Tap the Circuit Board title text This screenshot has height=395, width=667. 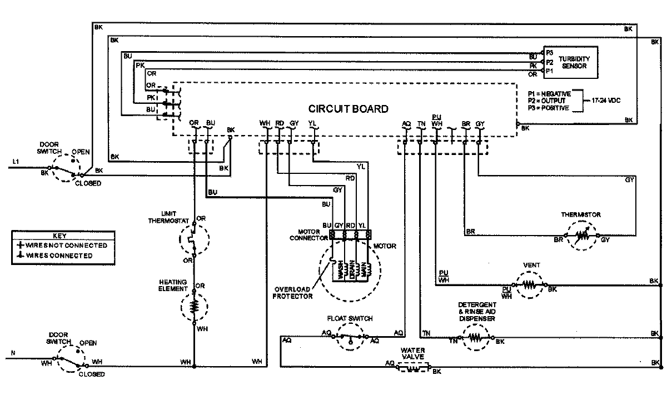click(x=349, y=109)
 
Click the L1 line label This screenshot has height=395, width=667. click(x=16, y=162)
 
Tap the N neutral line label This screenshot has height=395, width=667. click(x=13, y=353)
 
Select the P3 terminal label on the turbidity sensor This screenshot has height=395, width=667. click(x=549, y=51)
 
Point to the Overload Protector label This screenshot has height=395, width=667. click(x=292, y=292)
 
